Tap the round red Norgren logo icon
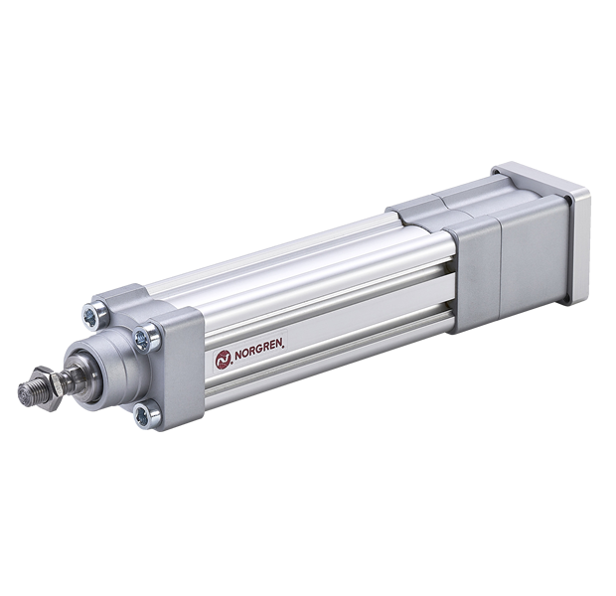(223, 360)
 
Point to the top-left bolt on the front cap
(94, 314)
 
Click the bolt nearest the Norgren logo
(145, 338)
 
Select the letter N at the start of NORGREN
(238, 357)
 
